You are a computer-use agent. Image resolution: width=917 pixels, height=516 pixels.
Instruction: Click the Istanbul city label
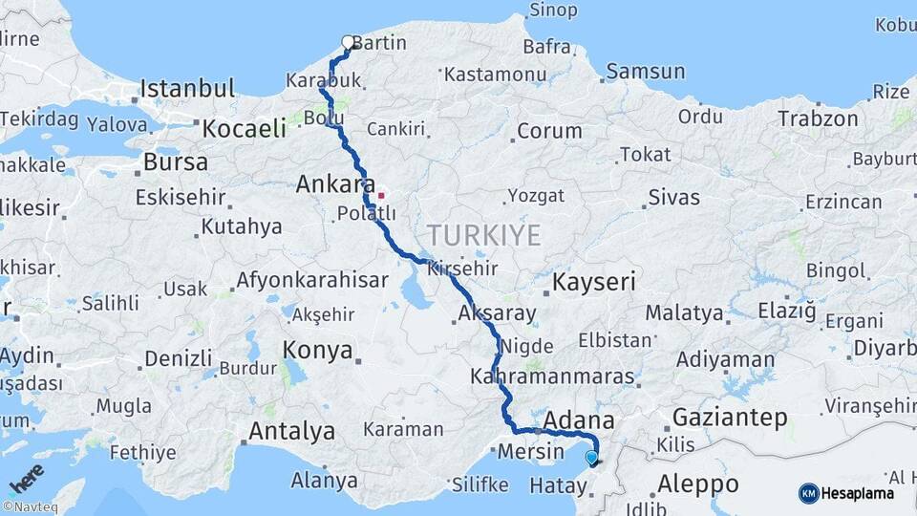(x=187, y=90)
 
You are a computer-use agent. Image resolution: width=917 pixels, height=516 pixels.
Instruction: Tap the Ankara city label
(x=333, y=183)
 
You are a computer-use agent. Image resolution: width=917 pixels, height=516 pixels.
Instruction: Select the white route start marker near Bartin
(x=348, y=42)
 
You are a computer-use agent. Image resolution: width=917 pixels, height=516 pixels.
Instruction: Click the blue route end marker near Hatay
(x=592, y=459)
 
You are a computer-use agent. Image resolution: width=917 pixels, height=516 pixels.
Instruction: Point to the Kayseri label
(x=594, y=283)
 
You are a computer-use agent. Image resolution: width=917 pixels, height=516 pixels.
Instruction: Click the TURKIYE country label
(x=483, y=235)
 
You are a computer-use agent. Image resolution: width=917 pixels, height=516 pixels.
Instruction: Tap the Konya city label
(x=318, y=351)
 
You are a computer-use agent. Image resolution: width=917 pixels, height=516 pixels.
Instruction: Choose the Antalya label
(x=291, y=431)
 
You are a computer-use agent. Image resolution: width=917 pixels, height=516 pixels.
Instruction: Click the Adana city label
(x=578, y=420)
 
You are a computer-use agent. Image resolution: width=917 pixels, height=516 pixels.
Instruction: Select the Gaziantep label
(x=730, y=417)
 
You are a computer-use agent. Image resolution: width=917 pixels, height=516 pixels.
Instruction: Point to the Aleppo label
(x=698, y=483)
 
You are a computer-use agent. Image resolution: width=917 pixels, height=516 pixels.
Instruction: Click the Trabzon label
(x=818, y=119)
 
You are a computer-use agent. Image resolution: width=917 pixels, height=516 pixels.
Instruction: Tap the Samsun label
(x=646, y=72)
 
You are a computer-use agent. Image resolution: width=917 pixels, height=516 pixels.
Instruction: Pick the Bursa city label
(x=175, y=162)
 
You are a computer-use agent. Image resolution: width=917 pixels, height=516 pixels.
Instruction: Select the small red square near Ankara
(x=381, y=196)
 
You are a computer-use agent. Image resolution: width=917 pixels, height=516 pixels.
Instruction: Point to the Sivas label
(x=673, y=199)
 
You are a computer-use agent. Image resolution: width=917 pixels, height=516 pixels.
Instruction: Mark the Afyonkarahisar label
(x=312, y=281)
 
